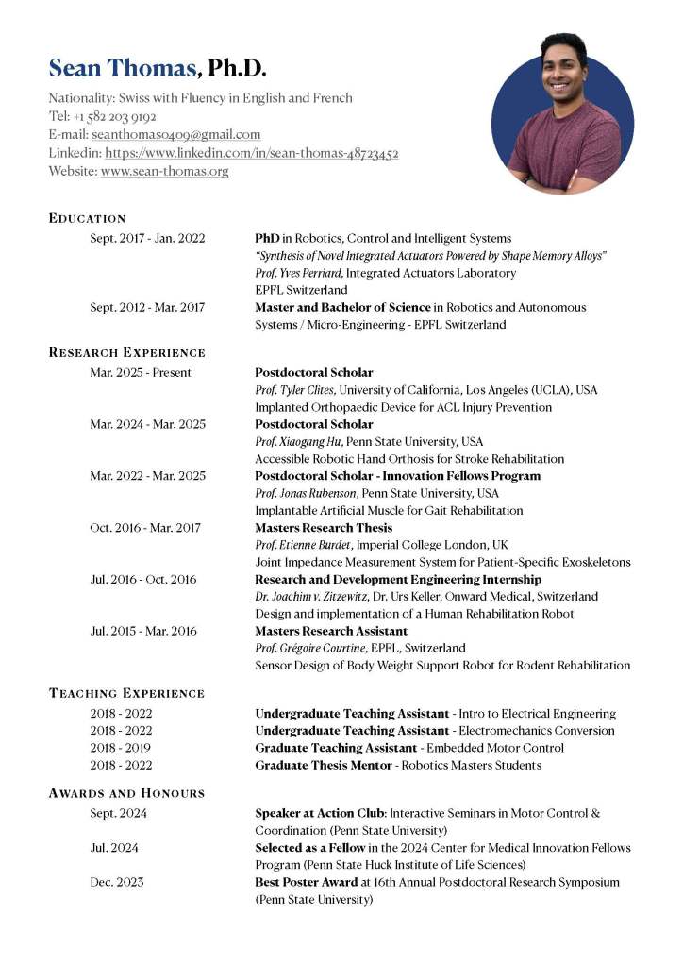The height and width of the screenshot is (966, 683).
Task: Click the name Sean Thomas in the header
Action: click(x=123, y=68)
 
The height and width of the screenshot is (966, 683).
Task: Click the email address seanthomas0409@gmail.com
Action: click(x=176, y=135)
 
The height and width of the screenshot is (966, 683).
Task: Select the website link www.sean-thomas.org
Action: click(x=164, y=171)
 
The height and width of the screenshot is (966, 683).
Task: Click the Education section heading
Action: click(x=87, y=218)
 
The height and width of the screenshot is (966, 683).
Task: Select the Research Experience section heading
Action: click(x=126, y=352)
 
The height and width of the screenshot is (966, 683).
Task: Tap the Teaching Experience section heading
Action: click(x=126, y=693)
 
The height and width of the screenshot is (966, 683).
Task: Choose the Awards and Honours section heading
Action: click(x=126, y=793)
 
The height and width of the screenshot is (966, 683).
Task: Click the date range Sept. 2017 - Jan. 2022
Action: click(x=147, y=239)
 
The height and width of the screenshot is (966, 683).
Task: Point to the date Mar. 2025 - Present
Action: click(x=141, y=372)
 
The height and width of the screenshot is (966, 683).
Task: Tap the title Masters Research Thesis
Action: click(x=324, y=528)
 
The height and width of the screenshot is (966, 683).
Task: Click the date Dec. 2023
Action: click(x=118, y=882)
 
